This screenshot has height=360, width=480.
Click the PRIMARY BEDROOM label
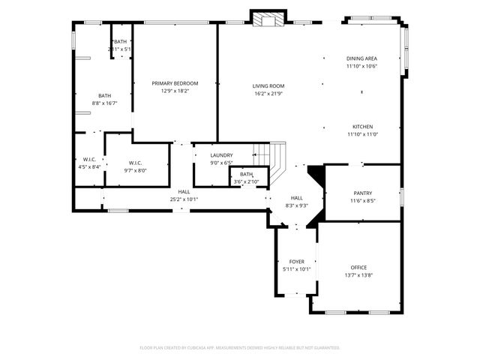(175, 83)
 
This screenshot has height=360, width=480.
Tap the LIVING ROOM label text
(268, 86)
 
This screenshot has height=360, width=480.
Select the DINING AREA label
(361, 58)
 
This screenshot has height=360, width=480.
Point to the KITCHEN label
(362, 127)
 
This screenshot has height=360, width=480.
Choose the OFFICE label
(358, 268)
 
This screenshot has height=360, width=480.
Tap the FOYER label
(296, 262)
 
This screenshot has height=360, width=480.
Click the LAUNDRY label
(221, 155)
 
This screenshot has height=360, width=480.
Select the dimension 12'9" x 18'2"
(175, 91)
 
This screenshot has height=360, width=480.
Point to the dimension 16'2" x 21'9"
(268, 94)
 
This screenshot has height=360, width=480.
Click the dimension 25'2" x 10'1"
(184, 199)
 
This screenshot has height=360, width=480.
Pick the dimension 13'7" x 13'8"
(358, 275)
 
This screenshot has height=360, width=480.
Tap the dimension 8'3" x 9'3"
(297, 205)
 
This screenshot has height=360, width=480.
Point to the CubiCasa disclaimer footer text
(240, 348)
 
